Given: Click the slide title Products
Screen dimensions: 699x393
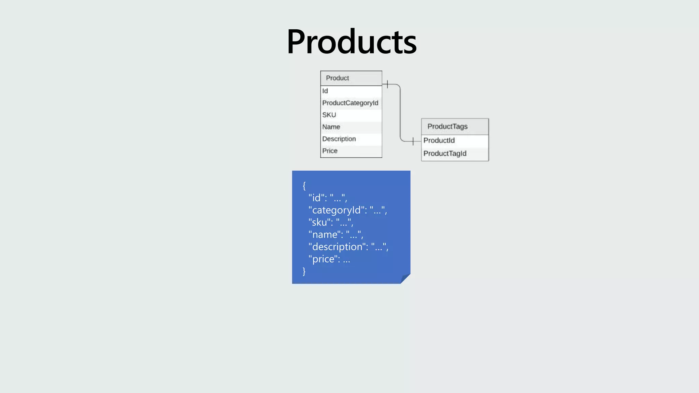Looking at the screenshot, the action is point(352,42).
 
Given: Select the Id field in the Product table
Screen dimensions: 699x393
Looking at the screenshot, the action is point(325,91).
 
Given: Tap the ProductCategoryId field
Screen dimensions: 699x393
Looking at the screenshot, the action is point(350,103).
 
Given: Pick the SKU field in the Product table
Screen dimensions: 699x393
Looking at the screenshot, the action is point(329,115).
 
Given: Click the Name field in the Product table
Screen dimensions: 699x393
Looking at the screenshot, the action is point(331,127).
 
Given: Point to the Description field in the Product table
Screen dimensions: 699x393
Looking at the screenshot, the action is point(339,139).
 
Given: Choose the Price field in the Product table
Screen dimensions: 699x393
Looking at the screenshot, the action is point(330,151).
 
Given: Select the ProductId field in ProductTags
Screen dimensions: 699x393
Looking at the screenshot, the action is point(439,141).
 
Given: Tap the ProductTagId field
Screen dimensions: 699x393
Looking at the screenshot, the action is point(445,154).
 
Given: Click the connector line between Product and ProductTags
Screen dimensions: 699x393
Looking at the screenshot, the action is point(400,113).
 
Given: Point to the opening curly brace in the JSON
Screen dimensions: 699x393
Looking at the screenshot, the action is point(304,186).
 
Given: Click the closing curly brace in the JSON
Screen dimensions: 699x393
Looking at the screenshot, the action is point(304,271).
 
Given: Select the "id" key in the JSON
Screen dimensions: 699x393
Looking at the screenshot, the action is point(316,198).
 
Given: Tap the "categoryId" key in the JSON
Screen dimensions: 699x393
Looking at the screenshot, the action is point(336,210).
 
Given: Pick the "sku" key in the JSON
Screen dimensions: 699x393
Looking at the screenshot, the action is point(319,222).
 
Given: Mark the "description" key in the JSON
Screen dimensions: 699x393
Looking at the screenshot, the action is point(337,247).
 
